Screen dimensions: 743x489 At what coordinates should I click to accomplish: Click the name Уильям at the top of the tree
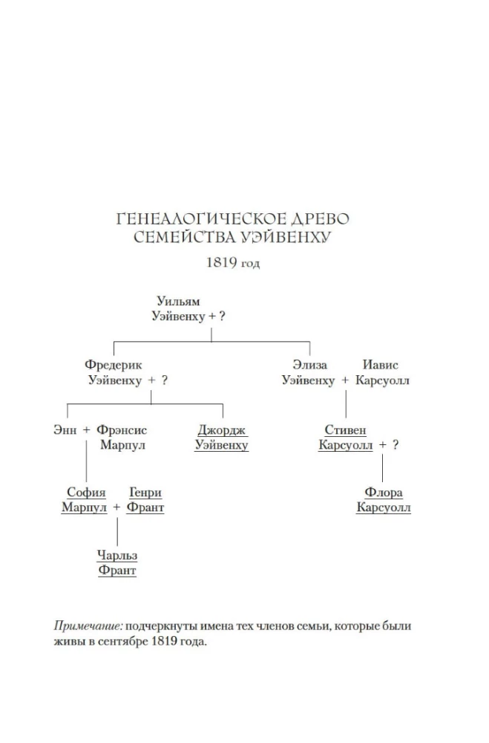click(179, 302)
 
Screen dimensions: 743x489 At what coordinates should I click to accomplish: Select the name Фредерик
click(113, 365)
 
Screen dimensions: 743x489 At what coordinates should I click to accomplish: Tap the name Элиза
click(310, 365)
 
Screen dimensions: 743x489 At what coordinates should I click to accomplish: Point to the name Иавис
click(380, 365)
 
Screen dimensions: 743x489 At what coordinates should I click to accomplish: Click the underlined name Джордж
click(221, 430)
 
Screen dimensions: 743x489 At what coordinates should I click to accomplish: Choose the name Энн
click(65, 430)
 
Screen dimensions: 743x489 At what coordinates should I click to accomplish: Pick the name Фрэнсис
click(123, 430)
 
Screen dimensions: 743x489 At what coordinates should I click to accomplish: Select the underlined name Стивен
click(346, 430)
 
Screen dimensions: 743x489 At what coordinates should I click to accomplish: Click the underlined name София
click(86, 493)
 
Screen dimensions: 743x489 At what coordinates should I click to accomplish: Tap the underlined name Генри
click(145, 493)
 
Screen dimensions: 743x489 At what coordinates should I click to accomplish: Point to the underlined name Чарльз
click(117, 556)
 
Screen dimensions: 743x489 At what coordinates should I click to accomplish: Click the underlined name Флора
click(384, 493)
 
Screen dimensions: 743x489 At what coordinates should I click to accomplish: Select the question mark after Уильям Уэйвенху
click(221, 317)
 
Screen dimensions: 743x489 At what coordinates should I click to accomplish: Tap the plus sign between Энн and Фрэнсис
click(86, 430)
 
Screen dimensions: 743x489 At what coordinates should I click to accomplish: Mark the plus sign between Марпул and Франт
click(116, 508)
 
